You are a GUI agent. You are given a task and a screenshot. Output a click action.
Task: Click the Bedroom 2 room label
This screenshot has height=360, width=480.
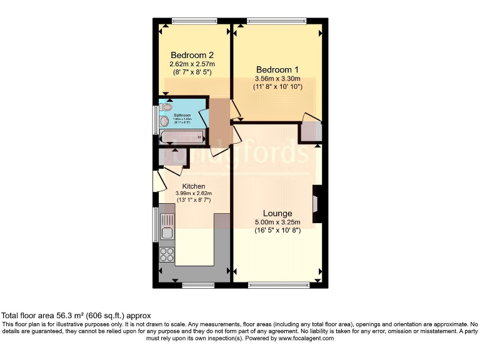pyautogui.click(x=191, y=55)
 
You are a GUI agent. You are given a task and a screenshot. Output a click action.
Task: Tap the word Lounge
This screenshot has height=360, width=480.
pyautogui.click(x=277, y=213)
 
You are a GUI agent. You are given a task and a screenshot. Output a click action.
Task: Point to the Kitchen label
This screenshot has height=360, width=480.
pyautogui.click(x=194, y=186)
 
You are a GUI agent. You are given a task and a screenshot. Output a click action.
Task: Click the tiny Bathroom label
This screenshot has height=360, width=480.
pyautogui.click(x=182, y=116)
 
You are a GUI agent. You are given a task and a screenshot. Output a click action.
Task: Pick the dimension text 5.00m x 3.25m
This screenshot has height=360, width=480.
pyautogui.click(x=277, y=222)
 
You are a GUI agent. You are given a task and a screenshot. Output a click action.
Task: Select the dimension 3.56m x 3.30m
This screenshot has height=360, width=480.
pyautogui.click(x=277, y=79)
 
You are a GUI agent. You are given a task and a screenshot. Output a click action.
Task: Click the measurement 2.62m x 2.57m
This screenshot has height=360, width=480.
pyautogui.click(x=192, y=64)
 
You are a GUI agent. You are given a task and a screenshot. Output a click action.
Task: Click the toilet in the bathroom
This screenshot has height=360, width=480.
pyautogui.click(x=165, y=107)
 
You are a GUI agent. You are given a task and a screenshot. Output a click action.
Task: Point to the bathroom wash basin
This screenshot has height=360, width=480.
pyautogui.click(x=164, y=121)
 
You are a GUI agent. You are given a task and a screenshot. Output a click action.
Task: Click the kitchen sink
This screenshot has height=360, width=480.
pyautogui.click(x=167, y=226)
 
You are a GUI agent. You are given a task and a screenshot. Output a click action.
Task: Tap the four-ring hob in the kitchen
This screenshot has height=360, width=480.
pyautogui.click(x=167, y=254)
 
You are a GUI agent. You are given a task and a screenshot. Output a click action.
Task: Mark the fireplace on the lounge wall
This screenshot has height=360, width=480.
pyautogui.click(x=317, y=204)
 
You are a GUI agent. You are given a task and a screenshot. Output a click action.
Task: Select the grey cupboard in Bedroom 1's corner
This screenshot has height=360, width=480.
pyautogui.click(x=310, y=131)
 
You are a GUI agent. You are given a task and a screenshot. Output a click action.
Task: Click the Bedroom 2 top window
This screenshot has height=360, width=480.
pyautogui.click(x=191, y=21)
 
